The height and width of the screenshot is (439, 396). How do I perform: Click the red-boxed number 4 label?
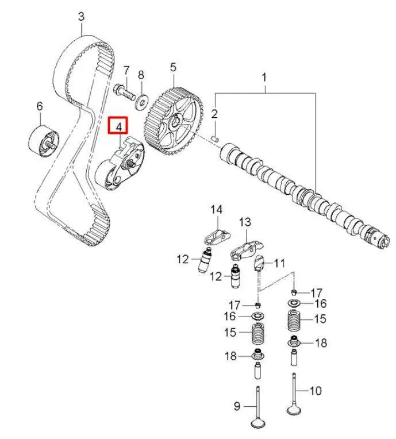(119, 125)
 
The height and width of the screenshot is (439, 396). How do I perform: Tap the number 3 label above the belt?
(81, 17)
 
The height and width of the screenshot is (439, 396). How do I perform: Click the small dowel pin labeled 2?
(214, 137)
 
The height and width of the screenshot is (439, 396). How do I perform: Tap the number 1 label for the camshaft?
(265, 76)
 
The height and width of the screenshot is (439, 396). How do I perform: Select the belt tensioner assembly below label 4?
(121, 165)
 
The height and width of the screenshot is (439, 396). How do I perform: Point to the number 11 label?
(279, 264)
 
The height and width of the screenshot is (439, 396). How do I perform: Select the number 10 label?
(316, 391)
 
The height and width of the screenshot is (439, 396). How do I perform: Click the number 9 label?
(236, 407)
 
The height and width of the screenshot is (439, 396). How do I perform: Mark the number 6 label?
(40, 106)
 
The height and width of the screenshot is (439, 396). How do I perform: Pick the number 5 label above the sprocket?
(172, 67)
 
